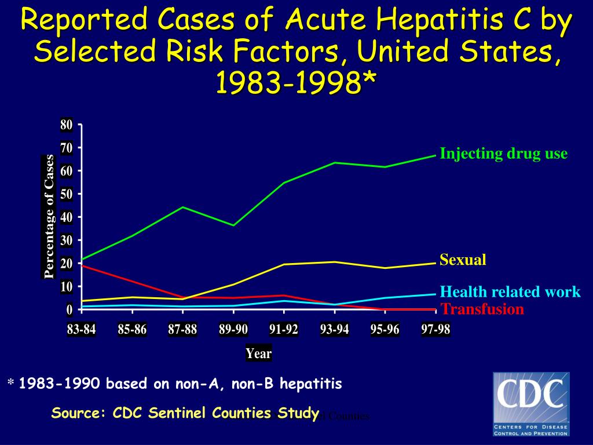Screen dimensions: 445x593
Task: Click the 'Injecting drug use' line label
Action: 503,154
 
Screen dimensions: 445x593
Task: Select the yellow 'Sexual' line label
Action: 463,260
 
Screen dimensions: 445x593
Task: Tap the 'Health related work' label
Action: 510,291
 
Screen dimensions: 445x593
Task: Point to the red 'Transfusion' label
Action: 482,309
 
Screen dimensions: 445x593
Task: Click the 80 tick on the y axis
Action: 67,125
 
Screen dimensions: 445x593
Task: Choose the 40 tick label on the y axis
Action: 67,217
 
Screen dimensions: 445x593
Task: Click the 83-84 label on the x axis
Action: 82,330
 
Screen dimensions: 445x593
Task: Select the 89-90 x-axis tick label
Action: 233,330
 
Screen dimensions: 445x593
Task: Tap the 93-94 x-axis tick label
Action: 335,330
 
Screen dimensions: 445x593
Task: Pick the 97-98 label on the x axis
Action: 435,330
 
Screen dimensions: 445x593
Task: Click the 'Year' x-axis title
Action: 258,353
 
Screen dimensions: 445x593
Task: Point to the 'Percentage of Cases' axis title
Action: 50,217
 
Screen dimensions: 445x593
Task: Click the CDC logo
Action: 531,404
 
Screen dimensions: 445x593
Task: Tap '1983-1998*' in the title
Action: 296,83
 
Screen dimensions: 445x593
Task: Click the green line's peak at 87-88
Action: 183,207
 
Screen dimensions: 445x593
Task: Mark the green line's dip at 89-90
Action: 233,225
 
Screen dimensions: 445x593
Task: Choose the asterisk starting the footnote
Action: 10,384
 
